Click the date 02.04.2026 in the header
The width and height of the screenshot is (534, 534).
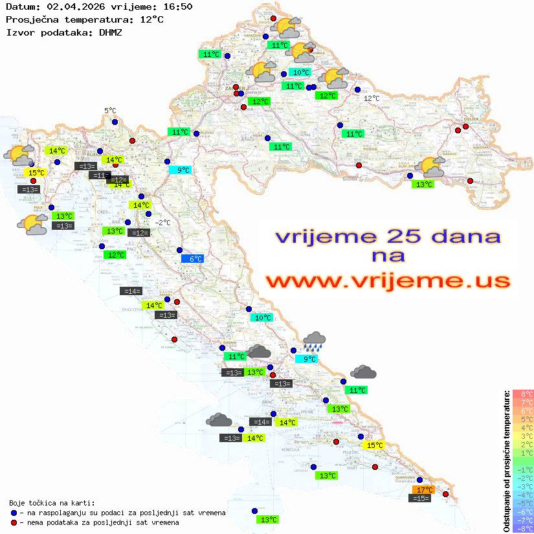72,6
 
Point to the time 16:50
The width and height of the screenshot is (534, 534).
177,6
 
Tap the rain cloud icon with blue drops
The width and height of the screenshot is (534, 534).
315,339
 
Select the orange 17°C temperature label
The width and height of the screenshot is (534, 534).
424,490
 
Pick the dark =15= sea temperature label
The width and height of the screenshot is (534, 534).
421,498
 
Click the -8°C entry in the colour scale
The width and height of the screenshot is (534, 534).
523,529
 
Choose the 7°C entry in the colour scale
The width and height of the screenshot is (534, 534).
523,403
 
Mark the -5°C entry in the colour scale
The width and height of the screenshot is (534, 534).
523,504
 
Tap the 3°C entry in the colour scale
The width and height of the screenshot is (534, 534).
523,436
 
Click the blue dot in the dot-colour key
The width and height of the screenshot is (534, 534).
14,513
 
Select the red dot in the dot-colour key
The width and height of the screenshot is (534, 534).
14,522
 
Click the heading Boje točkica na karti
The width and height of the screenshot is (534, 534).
52,503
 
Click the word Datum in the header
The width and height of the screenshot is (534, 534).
18,6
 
